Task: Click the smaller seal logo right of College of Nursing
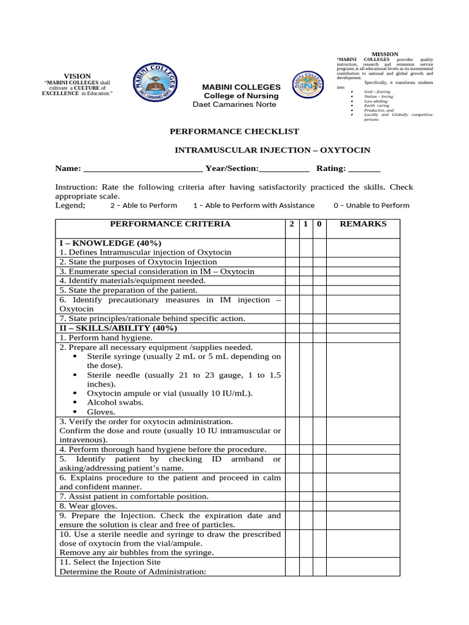click(x=312, y=89)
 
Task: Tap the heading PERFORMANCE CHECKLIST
click(x=234, y=131)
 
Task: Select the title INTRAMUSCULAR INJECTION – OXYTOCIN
click(x=272, y=150)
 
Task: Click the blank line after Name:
click(x=142, y=169)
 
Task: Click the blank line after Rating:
click(x=364, y=169)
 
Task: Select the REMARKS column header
click(x=363, y=224)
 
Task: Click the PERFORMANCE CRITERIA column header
click(x=170, y=224)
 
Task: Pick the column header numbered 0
click(x=319, y=224)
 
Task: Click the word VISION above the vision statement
click(x=77, y=76)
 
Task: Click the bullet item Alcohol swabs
click(x=115, y=403)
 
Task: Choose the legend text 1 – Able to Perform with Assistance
click(x=253, y=206)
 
